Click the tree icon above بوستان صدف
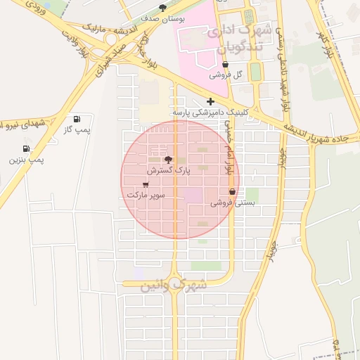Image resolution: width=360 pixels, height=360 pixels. (x=163, y=8)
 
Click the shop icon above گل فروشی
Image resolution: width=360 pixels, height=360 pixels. (x=224, y=64)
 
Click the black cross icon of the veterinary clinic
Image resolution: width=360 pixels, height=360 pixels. (x=210, y=101)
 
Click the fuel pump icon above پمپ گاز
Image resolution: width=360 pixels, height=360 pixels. (x=77, y=119)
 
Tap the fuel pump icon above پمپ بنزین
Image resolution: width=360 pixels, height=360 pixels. (x=26, y=149)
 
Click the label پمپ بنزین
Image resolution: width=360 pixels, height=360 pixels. (x=26, y=160)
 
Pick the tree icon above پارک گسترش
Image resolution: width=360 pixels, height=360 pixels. (x=167, y=160)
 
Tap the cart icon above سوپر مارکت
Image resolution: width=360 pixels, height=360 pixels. (x=146, y=184)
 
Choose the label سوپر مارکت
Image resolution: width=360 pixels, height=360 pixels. (x=146, y=195)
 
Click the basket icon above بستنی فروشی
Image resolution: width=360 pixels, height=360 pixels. (x=232, y=192)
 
